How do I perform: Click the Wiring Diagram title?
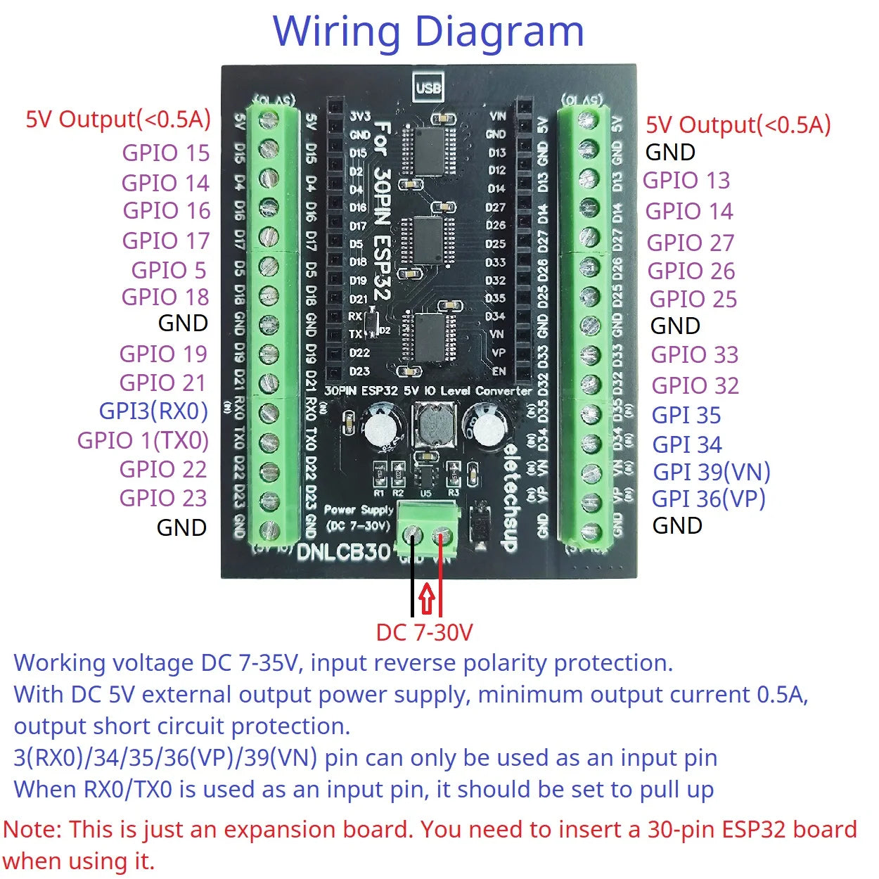coord(428,32)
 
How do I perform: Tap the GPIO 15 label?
coord(165,153)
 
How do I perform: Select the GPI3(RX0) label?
coord(153,411)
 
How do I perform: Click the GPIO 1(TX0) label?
coord(143,440)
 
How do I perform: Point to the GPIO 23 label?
coord(163,498)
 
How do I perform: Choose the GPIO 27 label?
coord(691,243)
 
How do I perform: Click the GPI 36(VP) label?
coord(708,499)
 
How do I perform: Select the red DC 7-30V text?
coord(424,632)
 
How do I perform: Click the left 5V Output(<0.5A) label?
coord(118,120)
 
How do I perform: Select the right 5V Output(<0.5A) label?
coord(738,125)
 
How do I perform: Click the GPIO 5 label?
coord(169,270)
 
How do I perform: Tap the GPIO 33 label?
coord(694,354)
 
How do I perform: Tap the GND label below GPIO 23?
coord(181,527)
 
